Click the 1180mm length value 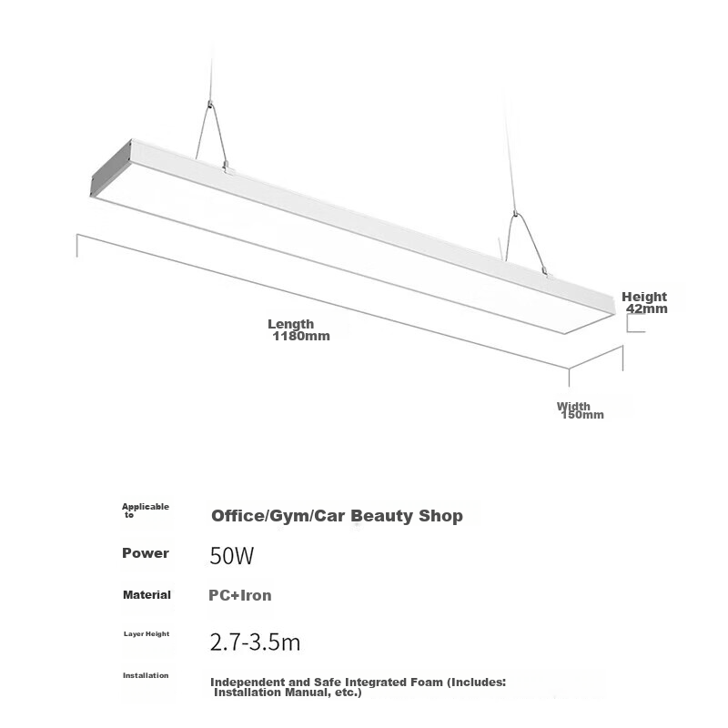(301, 336)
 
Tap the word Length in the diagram (290, 324)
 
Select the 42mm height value (647, 308)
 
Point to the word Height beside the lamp (644, 297)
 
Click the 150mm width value (582, 415)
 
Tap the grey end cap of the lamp (111, 168)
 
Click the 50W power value (232, 555)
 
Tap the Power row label (146, 553)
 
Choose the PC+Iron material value (240, 595)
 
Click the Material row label (147, 595)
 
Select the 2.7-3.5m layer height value (255, 642)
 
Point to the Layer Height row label (147, 633)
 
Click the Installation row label (146, 675)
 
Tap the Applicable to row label (146, 511)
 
